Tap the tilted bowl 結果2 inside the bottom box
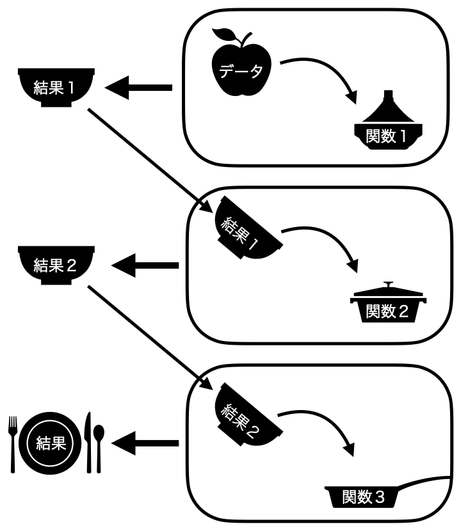[x=247, y=416]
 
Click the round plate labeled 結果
[x=51, y=442]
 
